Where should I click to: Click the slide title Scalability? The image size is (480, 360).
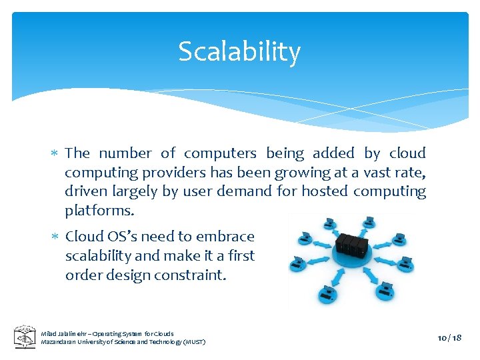(x=239, y=51)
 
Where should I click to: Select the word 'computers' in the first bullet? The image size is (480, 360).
(x=220, y=153)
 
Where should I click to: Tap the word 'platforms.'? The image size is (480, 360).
(x=99, y=211)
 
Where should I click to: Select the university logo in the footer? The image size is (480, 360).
(x=25, y=337)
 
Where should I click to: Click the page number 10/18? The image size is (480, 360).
(x=449, y=337)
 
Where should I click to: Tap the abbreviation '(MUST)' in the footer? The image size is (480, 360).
(x=193, y=342)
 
